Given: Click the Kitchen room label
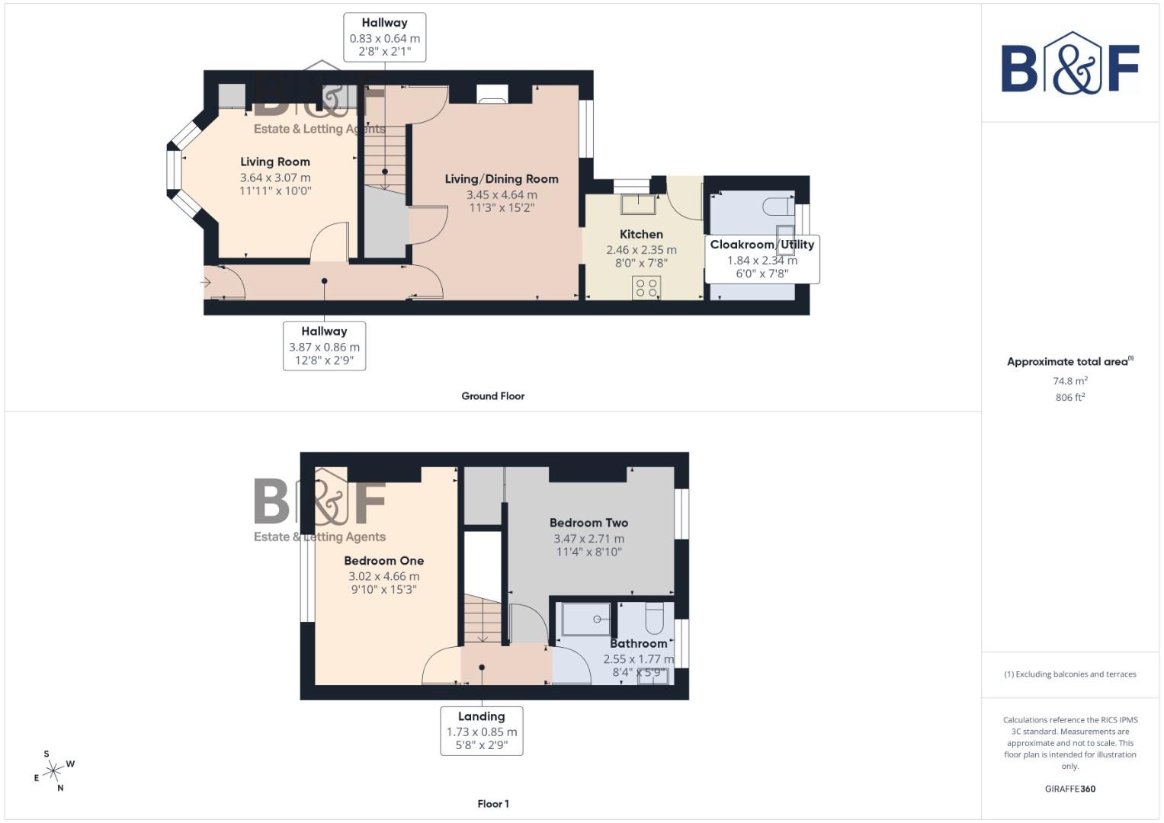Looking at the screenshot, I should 641,234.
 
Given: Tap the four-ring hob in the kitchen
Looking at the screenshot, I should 646,287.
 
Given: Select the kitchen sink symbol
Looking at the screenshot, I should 638,204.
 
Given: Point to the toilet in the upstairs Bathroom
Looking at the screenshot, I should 655,619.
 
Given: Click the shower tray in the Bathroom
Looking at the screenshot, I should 586,619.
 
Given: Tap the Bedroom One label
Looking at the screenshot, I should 383,560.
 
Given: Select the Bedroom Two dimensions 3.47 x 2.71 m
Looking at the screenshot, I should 588,539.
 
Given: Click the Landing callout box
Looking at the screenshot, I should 482,730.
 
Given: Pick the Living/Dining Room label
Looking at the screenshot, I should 502,179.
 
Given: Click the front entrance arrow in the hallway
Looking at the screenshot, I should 206,283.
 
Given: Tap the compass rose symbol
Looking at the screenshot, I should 53,771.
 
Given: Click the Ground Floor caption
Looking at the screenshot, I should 492,396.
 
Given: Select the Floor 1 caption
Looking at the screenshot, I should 492,804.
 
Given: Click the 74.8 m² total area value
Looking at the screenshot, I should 1069,381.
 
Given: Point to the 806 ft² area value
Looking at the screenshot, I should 1069,397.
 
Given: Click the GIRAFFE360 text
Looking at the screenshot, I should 1069,789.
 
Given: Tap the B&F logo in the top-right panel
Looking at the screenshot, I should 1069,64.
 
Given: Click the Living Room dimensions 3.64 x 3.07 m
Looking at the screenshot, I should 275,178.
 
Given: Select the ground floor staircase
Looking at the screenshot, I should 385,156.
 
